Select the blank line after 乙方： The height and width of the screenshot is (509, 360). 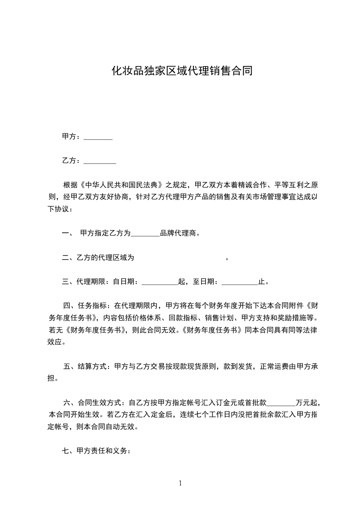(100, 161)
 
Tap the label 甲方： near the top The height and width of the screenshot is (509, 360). (72, 137)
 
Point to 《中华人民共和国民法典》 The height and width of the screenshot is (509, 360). (121, 185)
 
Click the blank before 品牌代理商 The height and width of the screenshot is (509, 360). (145, 234)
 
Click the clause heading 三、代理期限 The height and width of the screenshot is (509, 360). (84, 282)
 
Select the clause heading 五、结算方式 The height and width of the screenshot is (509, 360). (87, 367)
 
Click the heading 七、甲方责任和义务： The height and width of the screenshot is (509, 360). (97, 451)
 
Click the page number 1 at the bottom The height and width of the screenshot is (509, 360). (180, 483)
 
